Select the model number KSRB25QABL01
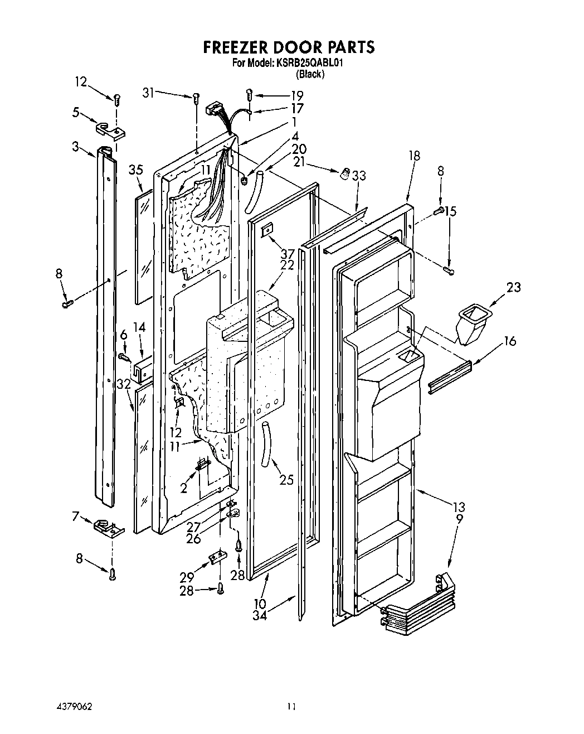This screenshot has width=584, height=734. [x=308, y=64]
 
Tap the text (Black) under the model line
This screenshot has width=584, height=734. [x=310, y=74]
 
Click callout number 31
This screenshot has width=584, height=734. [x=148, y=93]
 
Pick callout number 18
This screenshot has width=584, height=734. [x=415, y=156]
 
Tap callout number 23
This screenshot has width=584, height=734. [x=513, y=287]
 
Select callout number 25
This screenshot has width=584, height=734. [x=286, y=479]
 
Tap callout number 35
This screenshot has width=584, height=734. [x=137, y=170]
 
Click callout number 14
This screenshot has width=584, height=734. [x=139, y=327]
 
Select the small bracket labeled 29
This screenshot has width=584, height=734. [x=218, y=558]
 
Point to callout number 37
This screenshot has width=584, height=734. [x=288, y=254]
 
